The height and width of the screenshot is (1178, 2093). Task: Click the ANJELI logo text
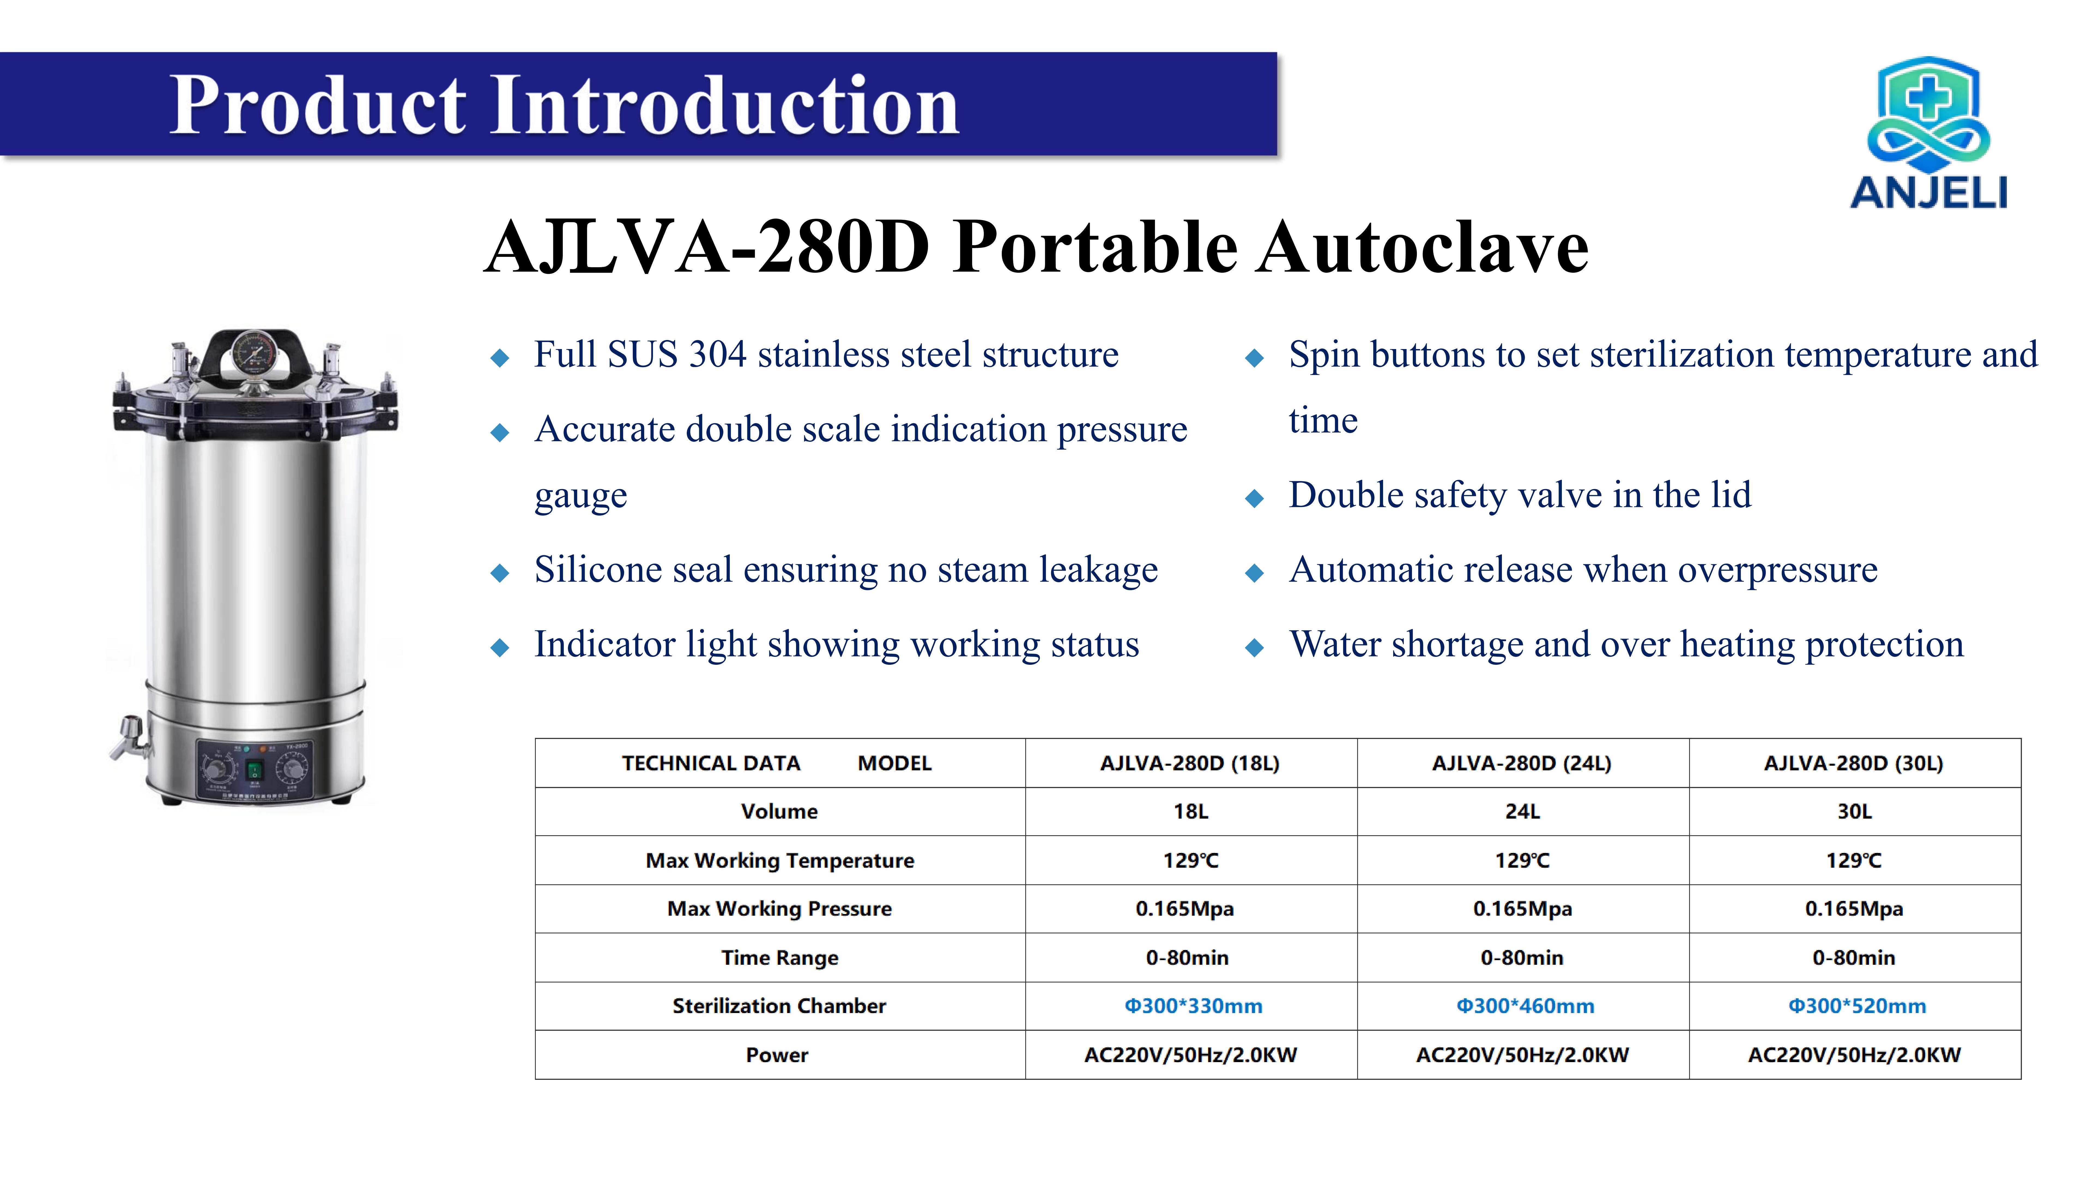click(x=1929, y=193)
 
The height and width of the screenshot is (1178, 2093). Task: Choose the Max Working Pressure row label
click(x=779, y=909)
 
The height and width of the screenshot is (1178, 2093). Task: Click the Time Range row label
click(x=779, y=958)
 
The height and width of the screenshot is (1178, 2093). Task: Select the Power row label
click(x=777, y=1055)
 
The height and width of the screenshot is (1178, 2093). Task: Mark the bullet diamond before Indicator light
click(x=500, y=648)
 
